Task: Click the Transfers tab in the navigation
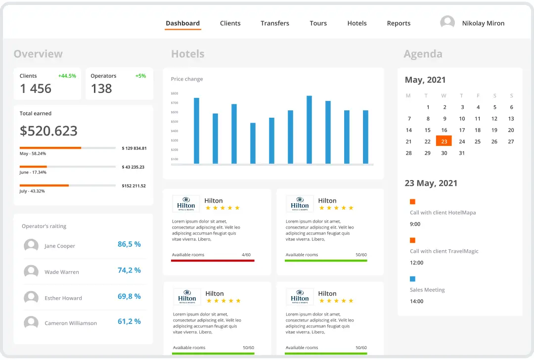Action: pyautogui.click(x=275, y=23)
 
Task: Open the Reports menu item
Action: pyautogui.click(x=399, y=23)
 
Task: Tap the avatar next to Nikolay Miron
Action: pyautogui.click(x=447, y=23)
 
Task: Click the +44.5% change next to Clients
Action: pyautogui.click(x=67, y=76)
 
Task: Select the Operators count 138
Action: pyautogui.click(x=101, y=89)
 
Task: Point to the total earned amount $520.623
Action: pyautogui.click(x=48, y=131)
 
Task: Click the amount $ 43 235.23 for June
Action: pyautogui.click(x=133, y=167)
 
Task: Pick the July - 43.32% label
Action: pyautogui.click(x=32, y=191)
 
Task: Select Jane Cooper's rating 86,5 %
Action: pyautogui.click(x=129, y=244)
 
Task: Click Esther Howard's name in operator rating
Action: pyautogui.click(x=63, y=298)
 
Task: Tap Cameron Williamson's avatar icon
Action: pyautogui.click(x=31, y=323)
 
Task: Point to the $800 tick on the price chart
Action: pyautogui.click(x=175, y=93)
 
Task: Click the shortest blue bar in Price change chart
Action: pyautogui.click(x=253, y=143)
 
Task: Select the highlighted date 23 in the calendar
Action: pyautogui.click(x=444, y=141)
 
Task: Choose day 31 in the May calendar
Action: pyautogui.click(x=462, y=153)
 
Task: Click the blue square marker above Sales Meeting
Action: pyautogui.click(x=413, y=279)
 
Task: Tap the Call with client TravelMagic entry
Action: pyautogui.click(x=444, y=251)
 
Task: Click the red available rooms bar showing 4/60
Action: pyautogui.click(x=213, y=260)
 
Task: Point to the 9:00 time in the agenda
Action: pyautogui.click(x=415, y=224)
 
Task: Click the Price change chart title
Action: pyautogui.click(x=187, y=79)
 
